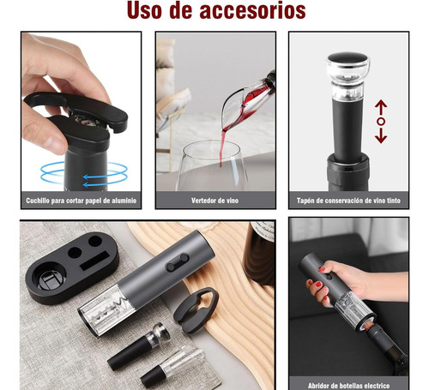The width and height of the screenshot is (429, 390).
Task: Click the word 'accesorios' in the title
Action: (x=252, y=10)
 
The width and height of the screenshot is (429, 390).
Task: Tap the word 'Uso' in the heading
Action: (x=144, y=10)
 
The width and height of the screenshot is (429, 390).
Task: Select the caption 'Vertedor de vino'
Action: (x=214, y=201)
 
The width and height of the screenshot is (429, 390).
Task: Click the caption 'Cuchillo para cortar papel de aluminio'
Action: (x=82, y=201)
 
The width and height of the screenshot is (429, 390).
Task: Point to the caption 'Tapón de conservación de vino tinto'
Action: (x=348, y=201)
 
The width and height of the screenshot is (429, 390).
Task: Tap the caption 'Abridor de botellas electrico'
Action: (x=348, y=386)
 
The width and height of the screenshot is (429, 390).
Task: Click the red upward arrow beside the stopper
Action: (x=381, y=108)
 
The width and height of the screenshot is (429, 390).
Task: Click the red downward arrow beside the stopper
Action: (x=381, y=135)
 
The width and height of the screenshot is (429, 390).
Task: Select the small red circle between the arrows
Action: (x=381, y=122)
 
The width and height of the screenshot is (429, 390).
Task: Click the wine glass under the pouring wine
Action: (x=212, y=165)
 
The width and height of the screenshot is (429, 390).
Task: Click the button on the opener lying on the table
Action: (x=178, y=262)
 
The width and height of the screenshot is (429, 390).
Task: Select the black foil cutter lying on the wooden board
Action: (x=196, y=309)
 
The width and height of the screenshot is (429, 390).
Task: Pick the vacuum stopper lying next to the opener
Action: (x=139, y=347)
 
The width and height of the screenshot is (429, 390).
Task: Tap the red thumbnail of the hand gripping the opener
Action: (x=322, y=269)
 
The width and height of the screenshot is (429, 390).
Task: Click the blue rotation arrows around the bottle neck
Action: (x=84, y=174)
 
